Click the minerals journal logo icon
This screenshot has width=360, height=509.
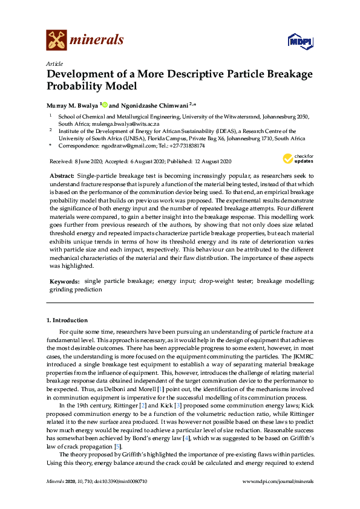point(56,40)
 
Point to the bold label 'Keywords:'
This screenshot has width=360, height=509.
point(65,282)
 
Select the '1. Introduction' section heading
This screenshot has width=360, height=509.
point(67,320)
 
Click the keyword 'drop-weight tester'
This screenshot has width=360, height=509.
point(228,282)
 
